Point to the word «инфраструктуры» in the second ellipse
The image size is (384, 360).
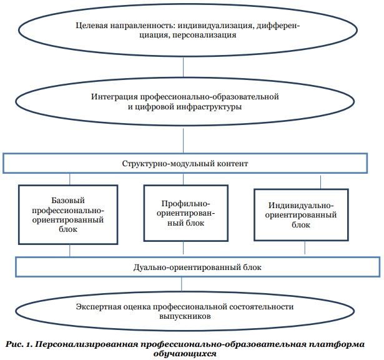point(209,107)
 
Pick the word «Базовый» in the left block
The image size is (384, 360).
point(68,201)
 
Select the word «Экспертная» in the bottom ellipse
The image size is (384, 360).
point(99,307)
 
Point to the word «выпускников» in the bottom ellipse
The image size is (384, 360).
point(185,316)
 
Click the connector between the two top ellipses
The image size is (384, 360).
point(183,67)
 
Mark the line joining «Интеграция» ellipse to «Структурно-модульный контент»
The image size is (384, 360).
point(183,141)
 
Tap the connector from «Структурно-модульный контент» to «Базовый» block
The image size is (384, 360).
point(70,179)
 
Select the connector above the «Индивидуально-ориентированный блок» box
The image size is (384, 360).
point(320,182)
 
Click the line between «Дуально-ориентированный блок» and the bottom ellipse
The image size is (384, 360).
point(182,284)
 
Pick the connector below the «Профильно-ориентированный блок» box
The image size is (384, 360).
point(183,247)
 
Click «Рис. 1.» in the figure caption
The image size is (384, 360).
point(19,344)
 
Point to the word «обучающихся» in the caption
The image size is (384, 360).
point(185,354)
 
